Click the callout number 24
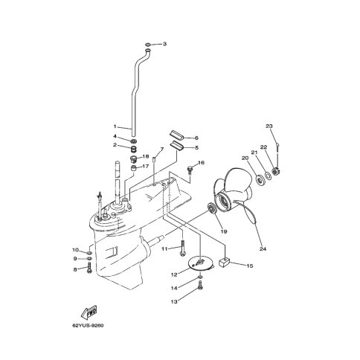pyautogui.click(x=263, y=248)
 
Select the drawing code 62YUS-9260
pyautogui.click(x=88, y=326)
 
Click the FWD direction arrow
pyautogui.click(x=89, y=312)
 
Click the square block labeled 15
pyautogui.click(x=225, y=262)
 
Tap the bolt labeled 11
pyautogui.click(x=182, y=247)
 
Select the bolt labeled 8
pyautogui.click(x=89, y=269)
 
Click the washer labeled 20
pyautogui.click(x=260, y=180)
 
